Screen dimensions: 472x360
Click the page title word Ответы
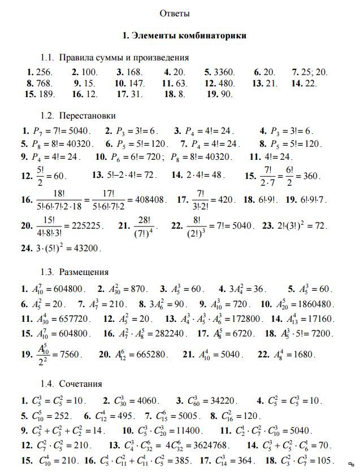(175, 12)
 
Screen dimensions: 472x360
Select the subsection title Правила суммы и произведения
(124, 58)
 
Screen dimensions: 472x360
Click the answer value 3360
(224, 72)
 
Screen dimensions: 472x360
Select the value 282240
(167, 333)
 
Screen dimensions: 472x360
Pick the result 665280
(149, 355)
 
